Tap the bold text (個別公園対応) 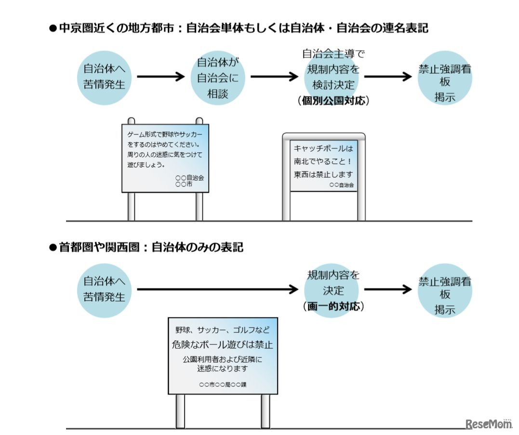coord(333,101)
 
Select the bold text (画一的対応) coord(333,306)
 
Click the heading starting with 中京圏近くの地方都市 coord(239,28)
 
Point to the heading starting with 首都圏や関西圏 coord(146,248)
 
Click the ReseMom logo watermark coord(488,423)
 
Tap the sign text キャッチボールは coord(323,149)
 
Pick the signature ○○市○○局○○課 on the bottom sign coord(222,384)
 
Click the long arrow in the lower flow coord(217,290)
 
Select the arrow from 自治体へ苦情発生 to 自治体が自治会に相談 coord(160,77)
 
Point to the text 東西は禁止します coord(323,174)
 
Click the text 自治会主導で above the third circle coord(333,53)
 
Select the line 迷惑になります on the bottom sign coord(222,369)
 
